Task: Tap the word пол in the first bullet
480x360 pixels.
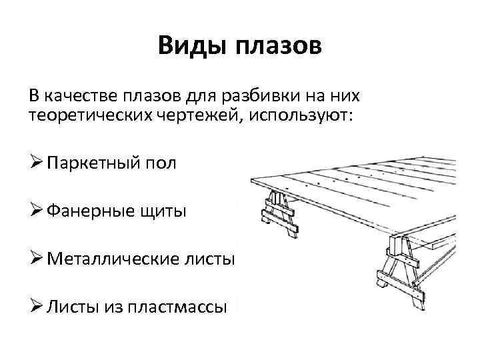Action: pos(164,163)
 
